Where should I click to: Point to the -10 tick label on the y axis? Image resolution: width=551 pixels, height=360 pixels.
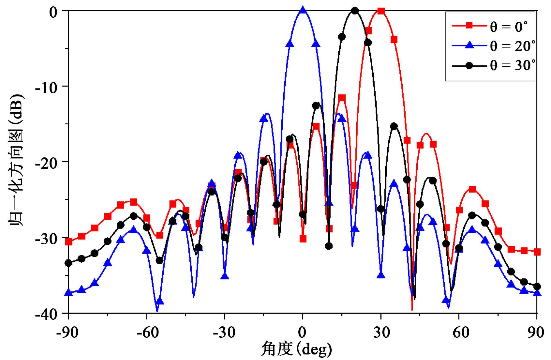click(x=48, y=87)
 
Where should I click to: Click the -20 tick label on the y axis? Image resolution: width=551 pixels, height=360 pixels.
click(x=48, y=162)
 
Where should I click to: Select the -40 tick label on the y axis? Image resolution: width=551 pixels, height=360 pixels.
click(x=48, y=314)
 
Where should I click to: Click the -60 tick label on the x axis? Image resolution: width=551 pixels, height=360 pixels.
click(x=147, y=332)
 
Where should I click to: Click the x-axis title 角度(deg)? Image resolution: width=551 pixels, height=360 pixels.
click(x=296, y=349)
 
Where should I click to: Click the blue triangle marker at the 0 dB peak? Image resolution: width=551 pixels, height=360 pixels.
click(x=303, y=10)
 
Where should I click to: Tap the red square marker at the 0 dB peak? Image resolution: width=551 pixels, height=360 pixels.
click(x=381, y=11)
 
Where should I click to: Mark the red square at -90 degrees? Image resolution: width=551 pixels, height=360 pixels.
click(x=69, y=241)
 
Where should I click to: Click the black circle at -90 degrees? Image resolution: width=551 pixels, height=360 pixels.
click(x=69, y=263)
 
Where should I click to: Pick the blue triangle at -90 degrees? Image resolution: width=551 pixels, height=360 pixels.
click(x=69, y=292)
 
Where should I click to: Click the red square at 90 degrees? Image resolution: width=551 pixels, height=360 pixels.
click(x=537, y=252)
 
